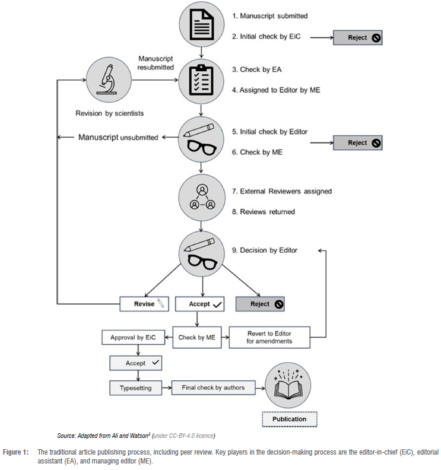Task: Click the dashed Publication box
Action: pyautogui.click(x=290, y=419)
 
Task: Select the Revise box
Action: pyautogui.click(x=144, y=304)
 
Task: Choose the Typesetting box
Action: pyautogui.click(x=135, y=388)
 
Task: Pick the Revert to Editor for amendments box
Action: pyautogui.click(x=269, y=338)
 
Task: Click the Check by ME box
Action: pyautogui.click(x=197, y=338)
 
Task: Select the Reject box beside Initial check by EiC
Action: pyautogui.click(x=357, y=38)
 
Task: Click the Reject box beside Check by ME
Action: pyautogui.click(x=357, y=143)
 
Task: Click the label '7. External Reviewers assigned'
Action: pyautogui.click(x=282, y=191)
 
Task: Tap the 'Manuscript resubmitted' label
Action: pyautogui.click(x=156, y=63)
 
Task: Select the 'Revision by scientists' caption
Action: pyautogui.click(x=110, y=113)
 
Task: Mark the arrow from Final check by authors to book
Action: pyautogui.click(x=259, y=389)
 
